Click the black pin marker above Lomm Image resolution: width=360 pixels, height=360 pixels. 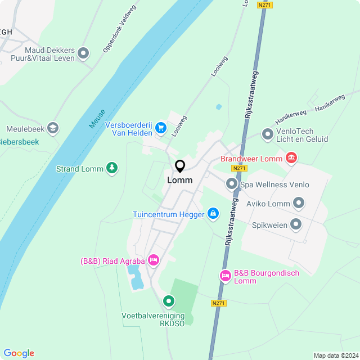[x=180, y=166]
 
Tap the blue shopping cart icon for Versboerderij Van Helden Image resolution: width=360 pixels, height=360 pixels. [x=161, y=128]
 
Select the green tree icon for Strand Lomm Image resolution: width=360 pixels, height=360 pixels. [x=112, y=168]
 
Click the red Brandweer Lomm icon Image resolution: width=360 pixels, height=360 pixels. [x=291, y=158]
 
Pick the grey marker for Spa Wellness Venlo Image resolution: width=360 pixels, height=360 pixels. [x=231, y=184]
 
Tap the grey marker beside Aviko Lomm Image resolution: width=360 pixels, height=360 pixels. [x=299, y=203]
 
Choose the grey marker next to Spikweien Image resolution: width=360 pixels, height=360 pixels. [x=296, y=224]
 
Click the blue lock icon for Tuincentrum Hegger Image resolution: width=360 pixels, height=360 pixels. [x=213, y=214]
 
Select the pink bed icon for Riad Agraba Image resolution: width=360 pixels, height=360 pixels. [x=154, y=260]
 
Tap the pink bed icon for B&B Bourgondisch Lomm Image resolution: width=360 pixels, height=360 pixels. [x=225, y=276]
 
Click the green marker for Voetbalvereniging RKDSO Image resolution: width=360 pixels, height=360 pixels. [x=169, y=301]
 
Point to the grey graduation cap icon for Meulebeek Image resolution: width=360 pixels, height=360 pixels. [x=53, y=128]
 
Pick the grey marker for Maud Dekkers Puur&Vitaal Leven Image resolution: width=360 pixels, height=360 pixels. [x=83, y=53]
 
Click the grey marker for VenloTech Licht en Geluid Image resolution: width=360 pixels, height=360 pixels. [x=267, y=134]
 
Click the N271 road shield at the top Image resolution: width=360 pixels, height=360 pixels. [x=264, y=4]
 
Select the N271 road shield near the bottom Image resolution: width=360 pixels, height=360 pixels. [x=219, y=303]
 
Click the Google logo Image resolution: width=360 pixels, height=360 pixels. [x=19, y=353]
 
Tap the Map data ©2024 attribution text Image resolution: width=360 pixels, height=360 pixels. [x=336, y=355]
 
